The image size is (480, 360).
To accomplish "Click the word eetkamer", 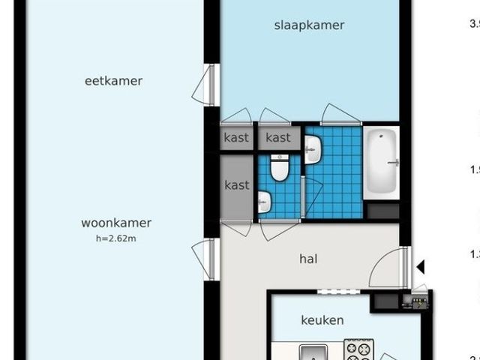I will (113, 81).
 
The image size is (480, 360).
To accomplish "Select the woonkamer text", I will (116, 223).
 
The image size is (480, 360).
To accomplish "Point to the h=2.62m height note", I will (116, 238).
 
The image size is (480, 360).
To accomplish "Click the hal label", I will (307, 259).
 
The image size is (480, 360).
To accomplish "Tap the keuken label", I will (322, 320).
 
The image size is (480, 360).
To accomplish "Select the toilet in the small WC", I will (280, 168).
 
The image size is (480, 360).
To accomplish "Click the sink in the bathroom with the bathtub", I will (313, 150).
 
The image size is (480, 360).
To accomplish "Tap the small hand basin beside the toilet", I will (263, 202).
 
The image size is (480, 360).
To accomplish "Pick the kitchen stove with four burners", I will (358, 350).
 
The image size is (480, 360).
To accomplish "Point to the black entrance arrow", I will (421, 266).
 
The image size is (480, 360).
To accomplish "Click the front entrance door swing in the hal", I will (390, 268).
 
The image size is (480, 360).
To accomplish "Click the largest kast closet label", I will (236, 185).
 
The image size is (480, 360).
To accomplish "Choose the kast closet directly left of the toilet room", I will (236, 185).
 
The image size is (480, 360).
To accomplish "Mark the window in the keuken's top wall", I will (334, 291).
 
